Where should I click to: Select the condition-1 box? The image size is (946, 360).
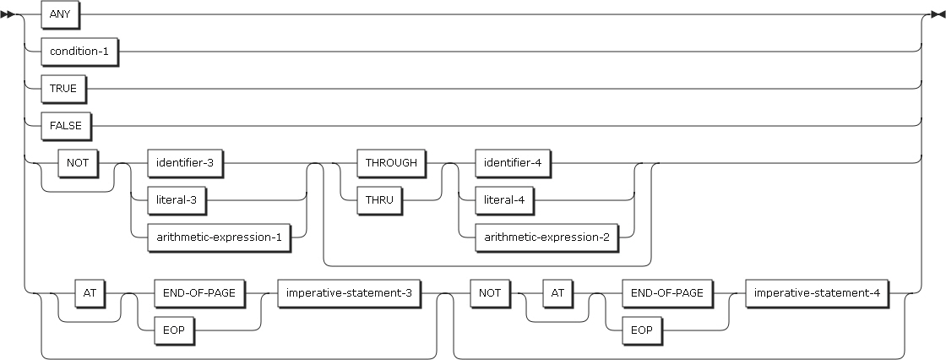(x=78, y=52)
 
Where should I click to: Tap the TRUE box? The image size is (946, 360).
(x=63, y=88)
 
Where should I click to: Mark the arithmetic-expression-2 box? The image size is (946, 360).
(x=546, y=237)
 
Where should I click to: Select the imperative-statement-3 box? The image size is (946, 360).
(x=350, y=293)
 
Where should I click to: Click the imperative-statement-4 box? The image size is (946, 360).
(x=817, y=293)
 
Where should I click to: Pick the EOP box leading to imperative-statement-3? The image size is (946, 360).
(x=168, y=330)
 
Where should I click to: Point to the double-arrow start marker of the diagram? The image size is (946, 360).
(x=12, y=15)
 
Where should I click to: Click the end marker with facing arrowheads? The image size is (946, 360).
(x=935, y=15)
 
